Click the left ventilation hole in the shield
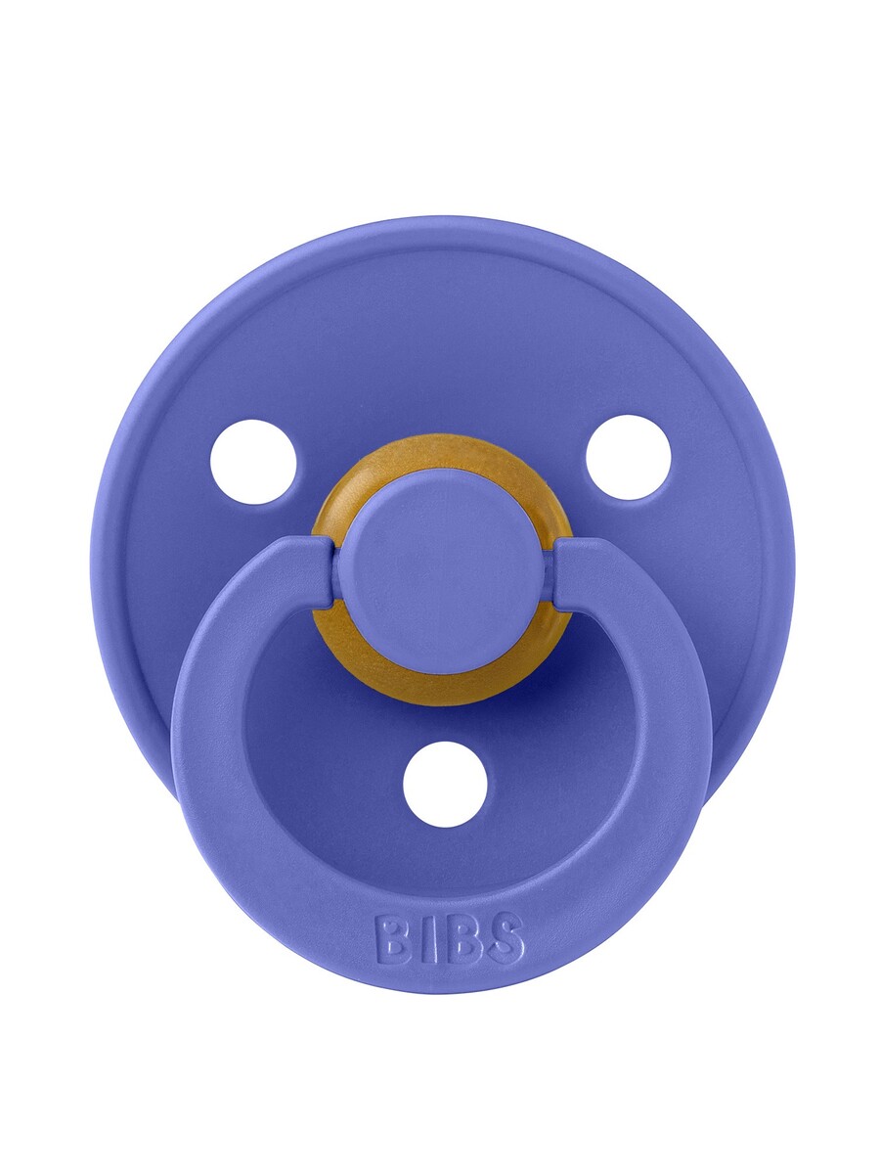click(252, 462)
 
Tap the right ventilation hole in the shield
click(628, 457)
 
